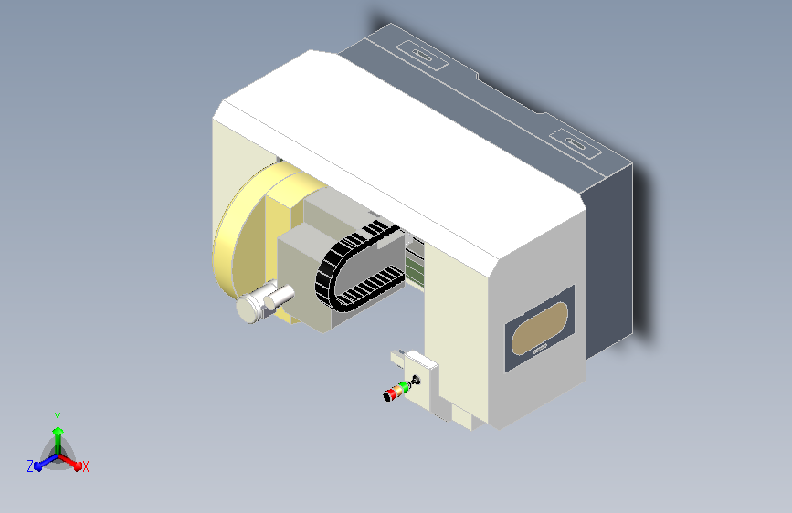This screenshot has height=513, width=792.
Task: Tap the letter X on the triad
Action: point(86,466)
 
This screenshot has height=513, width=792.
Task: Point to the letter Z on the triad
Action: point(30,466)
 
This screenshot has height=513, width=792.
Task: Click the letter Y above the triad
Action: point(58,416)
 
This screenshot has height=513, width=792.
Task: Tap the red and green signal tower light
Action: point(396,393)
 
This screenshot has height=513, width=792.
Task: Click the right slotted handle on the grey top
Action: point(574,142)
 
